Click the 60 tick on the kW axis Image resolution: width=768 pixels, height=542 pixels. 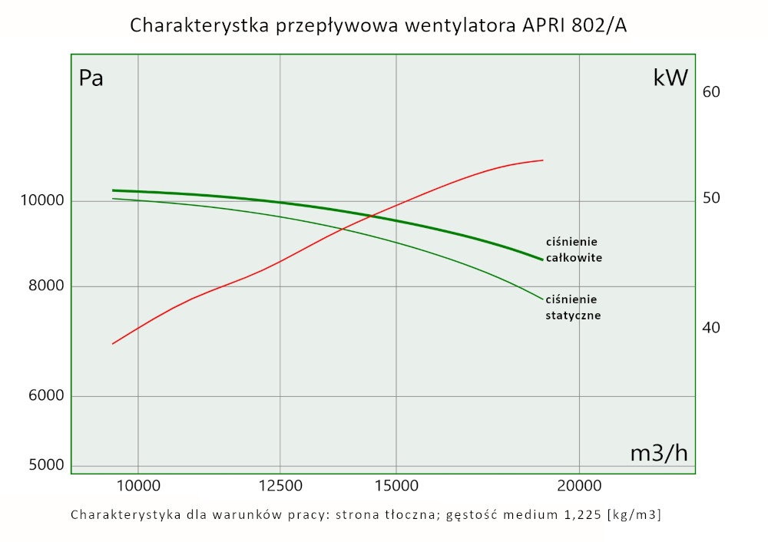(x=711, y=92)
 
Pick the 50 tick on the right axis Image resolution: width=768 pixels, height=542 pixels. (x=711, y=198)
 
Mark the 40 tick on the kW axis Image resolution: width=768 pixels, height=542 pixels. (x=711, y=328)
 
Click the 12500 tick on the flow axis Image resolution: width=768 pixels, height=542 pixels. (x=280, y=485)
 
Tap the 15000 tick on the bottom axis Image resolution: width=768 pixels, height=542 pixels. (x=396, y=485)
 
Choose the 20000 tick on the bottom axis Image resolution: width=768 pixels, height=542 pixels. (x=579, y=485)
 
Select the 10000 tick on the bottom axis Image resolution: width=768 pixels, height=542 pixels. (x=138, y=485)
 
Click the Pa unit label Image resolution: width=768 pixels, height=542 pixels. (x=91, y=79)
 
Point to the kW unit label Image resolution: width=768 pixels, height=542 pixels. (x=670, y=78)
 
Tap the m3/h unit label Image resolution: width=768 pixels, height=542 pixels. (x=659, y=454)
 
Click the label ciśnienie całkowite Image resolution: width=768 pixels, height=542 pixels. (x=573, y=250)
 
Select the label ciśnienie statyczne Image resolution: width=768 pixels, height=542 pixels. (x=572, y=307)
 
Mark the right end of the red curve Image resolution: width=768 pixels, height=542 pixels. (x=543, y=160)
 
